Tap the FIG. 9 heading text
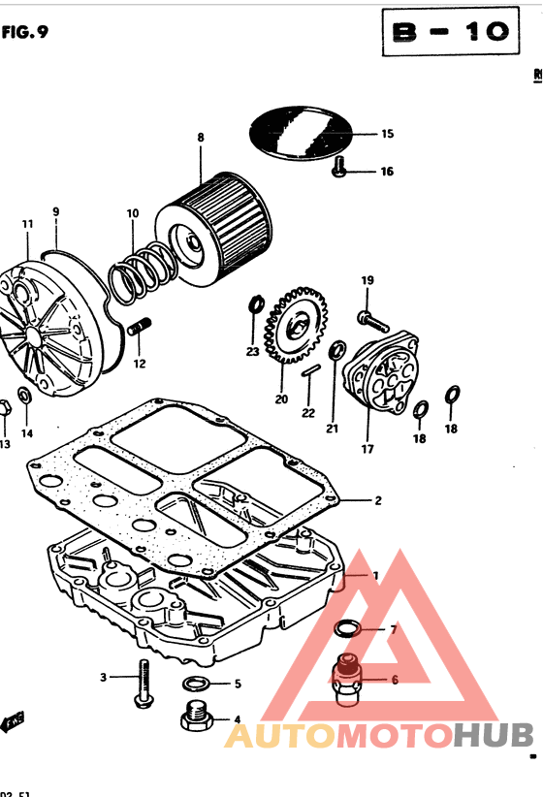click(25, 31)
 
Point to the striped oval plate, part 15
click(299, 134)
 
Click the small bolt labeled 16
click(339, 169)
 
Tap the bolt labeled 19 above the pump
click(368, 316)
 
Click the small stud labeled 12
click(142, 328)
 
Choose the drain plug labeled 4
click(195, 717)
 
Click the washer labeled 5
click(194, 683)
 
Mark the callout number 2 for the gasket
click(377, 501)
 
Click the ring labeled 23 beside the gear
click(256, 307)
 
